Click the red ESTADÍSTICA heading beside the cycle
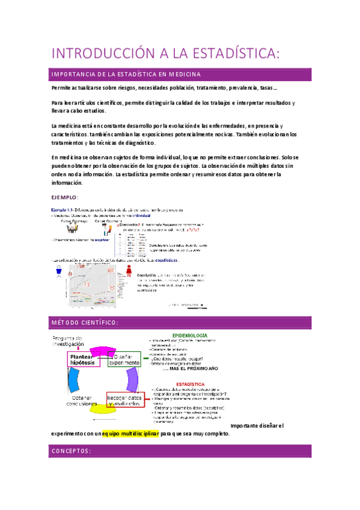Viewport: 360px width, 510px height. pyautogui.click(x=191, y=383)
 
